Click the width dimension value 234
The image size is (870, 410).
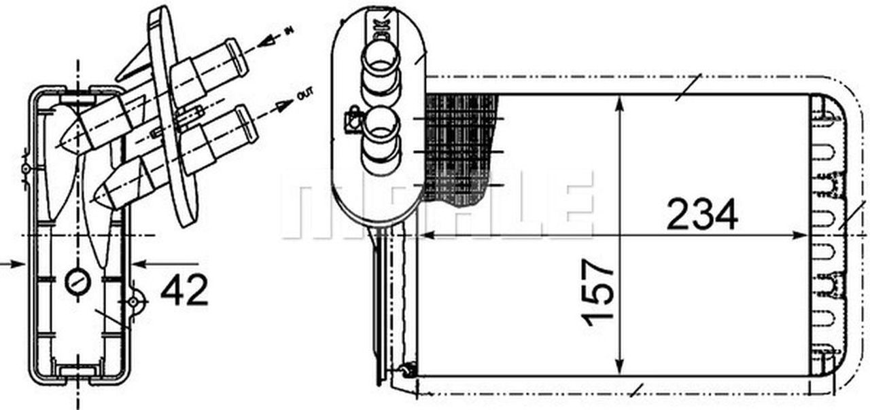click(701, 215)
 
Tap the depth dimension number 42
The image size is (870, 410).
click(184, 291)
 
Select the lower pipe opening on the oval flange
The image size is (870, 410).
click(381, 127)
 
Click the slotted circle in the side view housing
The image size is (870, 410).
click(78, 281)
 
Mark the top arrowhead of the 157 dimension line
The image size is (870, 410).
click(619, 102)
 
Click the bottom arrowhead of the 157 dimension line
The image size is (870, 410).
click(619, 367)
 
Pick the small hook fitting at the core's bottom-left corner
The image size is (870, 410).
click(407, 370)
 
